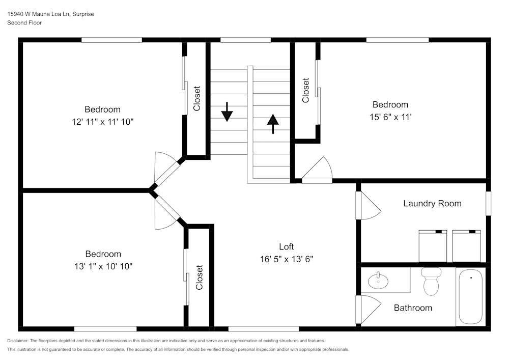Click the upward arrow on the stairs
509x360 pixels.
[273, 123]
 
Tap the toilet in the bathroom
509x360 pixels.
[431, 282]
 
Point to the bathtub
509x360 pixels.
[471, 297]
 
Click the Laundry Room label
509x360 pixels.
[432, 204]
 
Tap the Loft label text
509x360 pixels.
[286, 246]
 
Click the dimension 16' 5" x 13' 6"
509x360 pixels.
[286, 259]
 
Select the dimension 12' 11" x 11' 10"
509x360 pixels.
[102, 122]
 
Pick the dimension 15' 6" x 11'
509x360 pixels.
[390, 117]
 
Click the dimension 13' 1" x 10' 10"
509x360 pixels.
[103, 266]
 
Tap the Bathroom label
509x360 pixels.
[413, 308]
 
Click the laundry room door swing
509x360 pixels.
[369, 205]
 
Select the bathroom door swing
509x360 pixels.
[370, 309]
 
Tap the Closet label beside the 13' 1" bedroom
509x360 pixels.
[199, 278]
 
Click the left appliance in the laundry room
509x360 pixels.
[433, 246]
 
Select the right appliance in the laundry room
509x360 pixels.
[467, 246]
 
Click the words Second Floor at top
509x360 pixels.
[24, 23]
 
